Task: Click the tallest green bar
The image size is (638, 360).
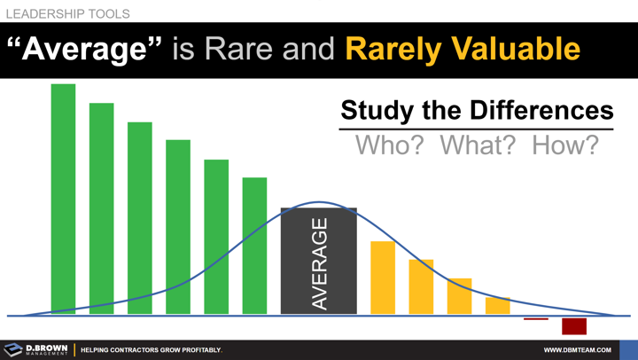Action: [63, 199]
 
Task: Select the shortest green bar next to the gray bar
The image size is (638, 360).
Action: [254, 246]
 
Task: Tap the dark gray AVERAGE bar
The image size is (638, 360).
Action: [318, 261]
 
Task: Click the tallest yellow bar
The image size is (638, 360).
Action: [383, 278]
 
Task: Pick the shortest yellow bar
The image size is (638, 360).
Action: [498, 305]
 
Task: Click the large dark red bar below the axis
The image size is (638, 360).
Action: [574, 325]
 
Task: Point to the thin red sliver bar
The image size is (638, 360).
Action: [536, 318]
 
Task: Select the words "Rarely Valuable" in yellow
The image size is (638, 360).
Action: [463, 49]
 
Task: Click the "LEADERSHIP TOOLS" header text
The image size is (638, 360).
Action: [67, 14]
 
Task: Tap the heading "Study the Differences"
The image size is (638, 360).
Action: [476, 110]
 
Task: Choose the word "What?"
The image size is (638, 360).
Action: [478, 145]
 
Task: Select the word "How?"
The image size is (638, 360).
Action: [564, 145]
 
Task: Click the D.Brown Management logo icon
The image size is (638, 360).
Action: [12, 349]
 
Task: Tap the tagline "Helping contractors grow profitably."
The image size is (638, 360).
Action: [152, 350]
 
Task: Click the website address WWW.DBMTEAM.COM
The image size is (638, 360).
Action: [577, 350]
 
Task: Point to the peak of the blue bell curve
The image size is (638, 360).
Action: [319, 202]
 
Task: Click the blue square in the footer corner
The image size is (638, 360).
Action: [628, 349]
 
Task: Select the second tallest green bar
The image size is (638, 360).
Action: [101, 208]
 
